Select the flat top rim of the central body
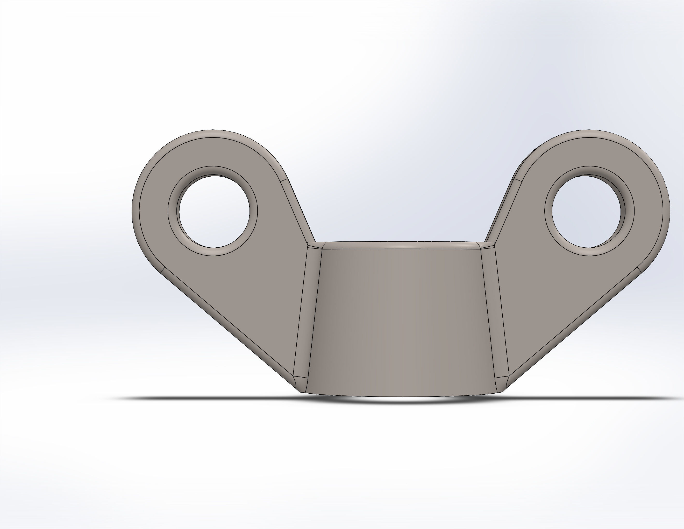(x=401, y=245)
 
